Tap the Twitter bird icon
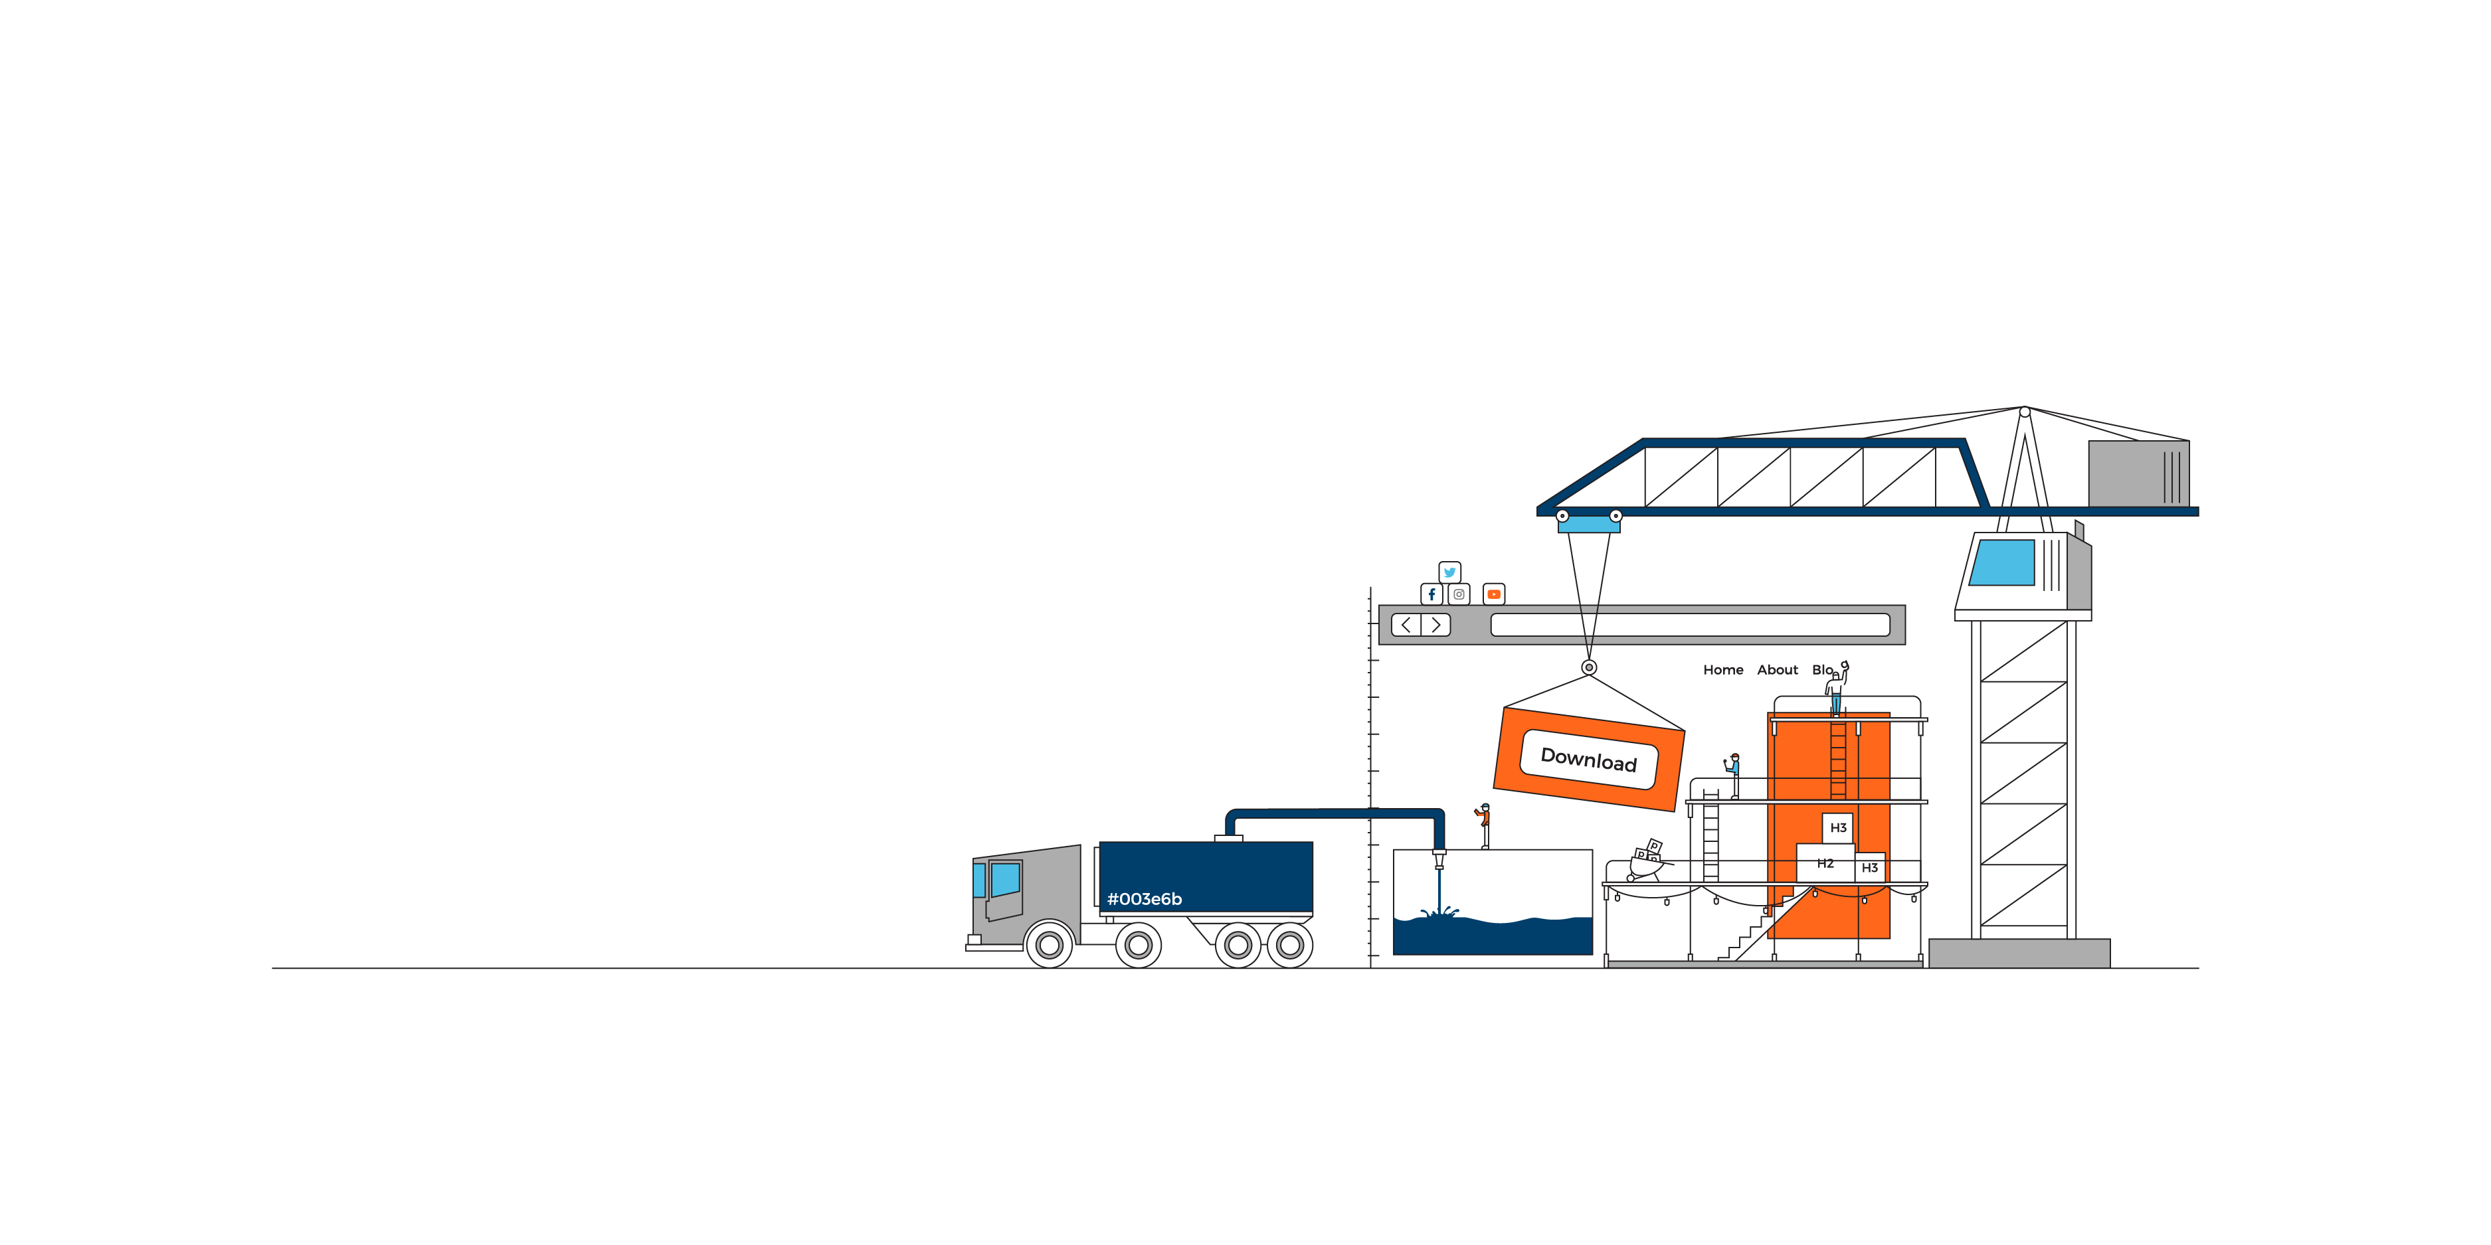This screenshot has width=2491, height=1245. point(1449,572)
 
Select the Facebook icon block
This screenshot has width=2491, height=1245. point(1432,594)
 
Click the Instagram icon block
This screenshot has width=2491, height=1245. point(1459,594)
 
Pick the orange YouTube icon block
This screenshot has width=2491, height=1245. point(1494,594)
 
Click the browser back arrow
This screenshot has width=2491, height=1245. point(1406,625)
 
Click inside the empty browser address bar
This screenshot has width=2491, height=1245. point(1691,625)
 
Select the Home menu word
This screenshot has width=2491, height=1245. point(1723,670)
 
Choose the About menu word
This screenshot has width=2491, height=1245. point(1778,670)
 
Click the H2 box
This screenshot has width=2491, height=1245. point(1825,863)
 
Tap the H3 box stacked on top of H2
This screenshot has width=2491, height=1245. point(1838,829)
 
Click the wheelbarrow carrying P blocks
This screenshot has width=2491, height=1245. point(1646,861)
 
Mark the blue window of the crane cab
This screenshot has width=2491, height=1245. point(2003,562)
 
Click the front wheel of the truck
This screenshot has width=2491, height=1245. point(1049,944)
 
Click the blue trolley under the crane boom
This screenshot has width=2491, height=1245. point(1589,523)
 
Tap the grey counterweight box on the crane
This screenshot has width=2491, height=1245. point(2139,473)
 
